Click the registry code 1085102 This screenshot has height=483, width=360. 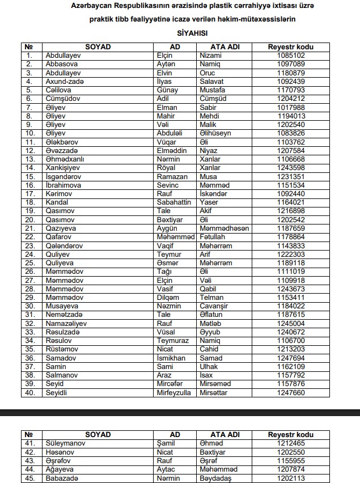tap(291, 56)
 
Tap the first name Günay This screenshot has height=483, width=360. tap(167, 90)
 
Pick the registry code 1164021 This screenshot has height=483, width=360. tap(291, 202)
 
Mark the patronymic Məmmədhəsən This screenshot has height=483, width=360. tap(225, 227)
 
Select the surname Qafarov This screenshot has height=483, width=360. tap(58, 236)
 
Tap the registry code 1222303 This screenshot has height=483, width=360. tap(291, 253)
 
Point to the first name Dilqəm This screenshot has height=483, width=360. tap(168, 296)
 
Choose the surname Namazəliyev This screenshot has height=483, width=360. tap(67, 323)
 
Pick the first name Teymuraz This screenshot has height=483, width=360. tap(172, 340)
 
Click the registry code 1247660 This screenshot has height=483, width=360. tap(291, 391)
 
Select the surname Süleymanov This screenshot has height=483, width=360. tap(65, 443)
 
